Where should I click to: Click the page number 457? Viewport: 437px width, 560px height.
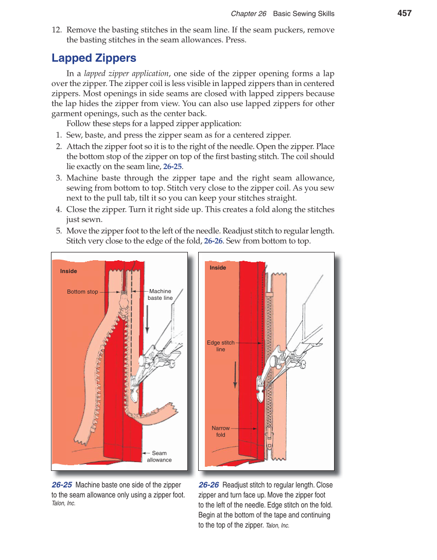pyautogui.click(x=405, y=13)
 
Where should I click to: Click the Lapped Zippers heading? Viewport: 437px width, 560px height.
pyautogui.click(x=94, y=58)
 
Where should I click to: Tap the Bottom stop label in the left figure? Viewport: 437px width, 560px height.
pyautogui.click(x=82, y=292)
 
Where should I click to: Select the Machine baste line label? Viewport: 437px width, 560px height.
pyautogui.click(x=160, y=295)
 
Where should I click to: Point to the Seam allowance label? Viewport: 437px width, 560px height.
pyautogui.click(x=159, y=456)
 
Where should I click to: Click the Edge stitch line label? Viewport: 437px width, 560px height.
pyautogui.click(x=221, y=346)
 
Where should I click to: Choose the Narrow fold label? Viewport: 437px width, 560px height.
pyautogui.click(x=221, y=431)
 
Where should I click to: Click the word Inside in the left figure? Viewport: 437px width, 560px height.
pyautogui.click(x=68, y=271)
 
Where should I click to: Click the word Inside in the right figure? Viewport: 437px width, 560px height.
pyautogui.click(x=218, y=267)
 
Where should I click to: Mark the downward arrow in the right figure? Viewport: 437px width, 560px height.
pyautogui.click(x=235, y=375)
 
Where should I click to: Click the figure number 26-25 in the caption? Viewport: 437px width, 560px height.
pyautogui.click(x=62, y=485)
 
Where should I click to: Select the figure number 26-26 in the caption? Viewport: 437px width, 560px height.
pyautogui.click(x=208, y=485)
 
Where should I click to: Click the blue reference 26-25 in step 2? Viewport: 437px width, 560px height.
pyautogui.click(x=172, y=166)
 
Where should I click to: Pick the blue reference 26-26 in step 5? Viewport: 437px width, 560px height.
pyautogui.click(x=213, y=241)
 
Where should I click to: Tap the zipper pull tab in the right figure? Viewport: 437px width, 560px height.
pyautogui.click(x=269, y=440)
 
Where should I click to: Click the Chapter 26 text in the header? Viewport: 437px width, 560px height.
pyautogui.click(x=248, y=13)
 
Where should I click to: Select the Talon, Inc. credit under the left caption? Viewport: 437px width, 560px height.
pyautogui.click(x=63, y=503)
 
